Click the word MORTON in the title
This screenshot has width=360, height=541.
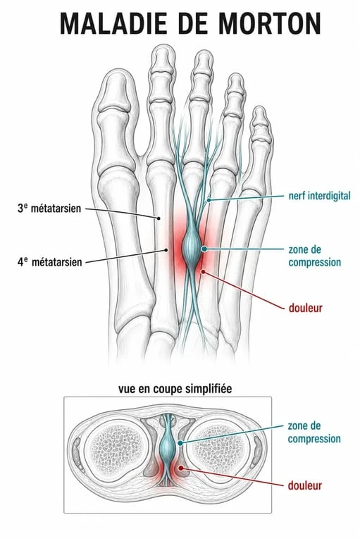(x=270, y=23)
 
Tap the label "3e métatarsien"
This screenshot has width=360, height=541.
(x=49, y=209)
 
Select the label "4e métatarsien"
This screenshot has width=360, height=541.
(x=50, y=262)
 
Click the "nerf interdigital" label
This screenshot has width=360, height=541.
(x=319, y=196)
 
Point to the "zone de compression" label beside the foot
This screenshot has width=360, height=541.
(x=314, y=256)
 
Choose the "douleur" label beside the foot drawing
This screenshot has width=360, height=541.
(x=306, y=308)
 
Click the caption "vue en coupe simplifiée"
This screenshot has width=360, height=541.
(x=175, y=389)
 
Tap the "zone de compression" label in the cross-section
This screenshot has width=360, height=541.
(x=314, y=433)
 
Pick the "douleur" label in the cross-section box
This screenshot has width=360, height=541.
(x=305, y=485)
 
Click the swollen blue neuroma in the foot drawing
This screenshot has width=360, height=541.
(x=192, y=247)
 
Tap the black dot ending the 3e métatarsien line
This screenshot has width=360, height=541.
(x=159, y=218)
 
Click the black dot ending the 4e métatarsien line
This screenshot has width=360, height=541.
(x=166, y=250)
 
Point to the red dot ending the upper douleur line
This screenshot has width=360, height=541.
(x=204, y=272)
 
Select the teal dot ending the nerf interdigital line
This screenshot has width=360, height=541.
(x=209, y=200)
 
